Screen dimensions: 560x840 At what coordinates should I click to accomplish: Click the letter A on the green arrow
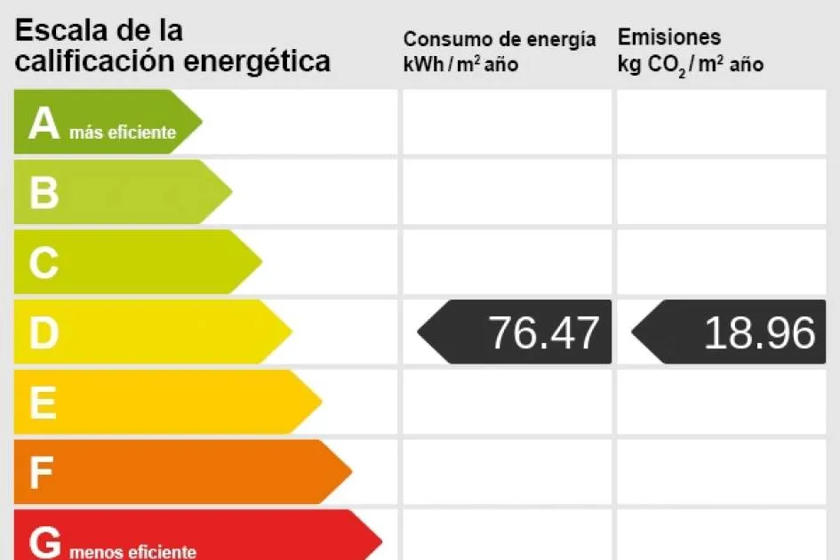(x=44, y=124)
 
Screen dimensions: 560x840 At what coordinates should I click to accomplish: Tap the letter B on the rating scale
(x=44, y=193)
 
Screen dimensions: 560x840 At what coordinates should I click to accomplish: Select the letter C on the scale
(x=44, y=263)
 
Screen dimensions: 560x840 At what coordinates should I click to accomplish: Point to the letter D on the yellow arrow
(x=44, y=333)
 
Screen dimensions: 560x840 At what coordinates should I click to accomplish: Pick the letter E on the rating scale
(x=43, y=404)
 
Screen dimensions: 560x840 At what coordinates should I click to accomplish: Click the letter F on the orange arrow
(x=42, y=473)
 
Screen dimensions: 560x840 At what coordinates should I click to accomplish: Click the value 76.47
(x=544, y=332)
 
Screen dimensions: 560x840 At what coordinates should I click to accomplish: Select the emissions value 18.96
(x=759, y=332)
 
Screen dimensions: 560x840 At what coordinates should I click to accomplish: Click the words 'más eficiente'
(x=122, y=133)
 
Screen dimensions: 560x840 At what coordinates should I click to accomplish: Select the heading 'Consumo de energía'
(x=500, y=39)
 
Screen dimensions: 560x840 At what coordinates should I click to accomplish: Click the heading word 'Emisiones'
(x=669, y=37)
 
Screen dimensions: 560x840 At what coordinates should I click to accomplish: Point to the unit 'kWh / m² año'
(x=460, y=64)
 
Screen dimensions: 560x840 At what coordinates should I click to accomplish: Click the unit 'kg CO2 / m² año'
(x=691, y=64)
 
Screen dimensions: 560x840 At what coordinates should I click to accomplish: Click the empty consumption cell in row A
(x=507, y=122)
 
